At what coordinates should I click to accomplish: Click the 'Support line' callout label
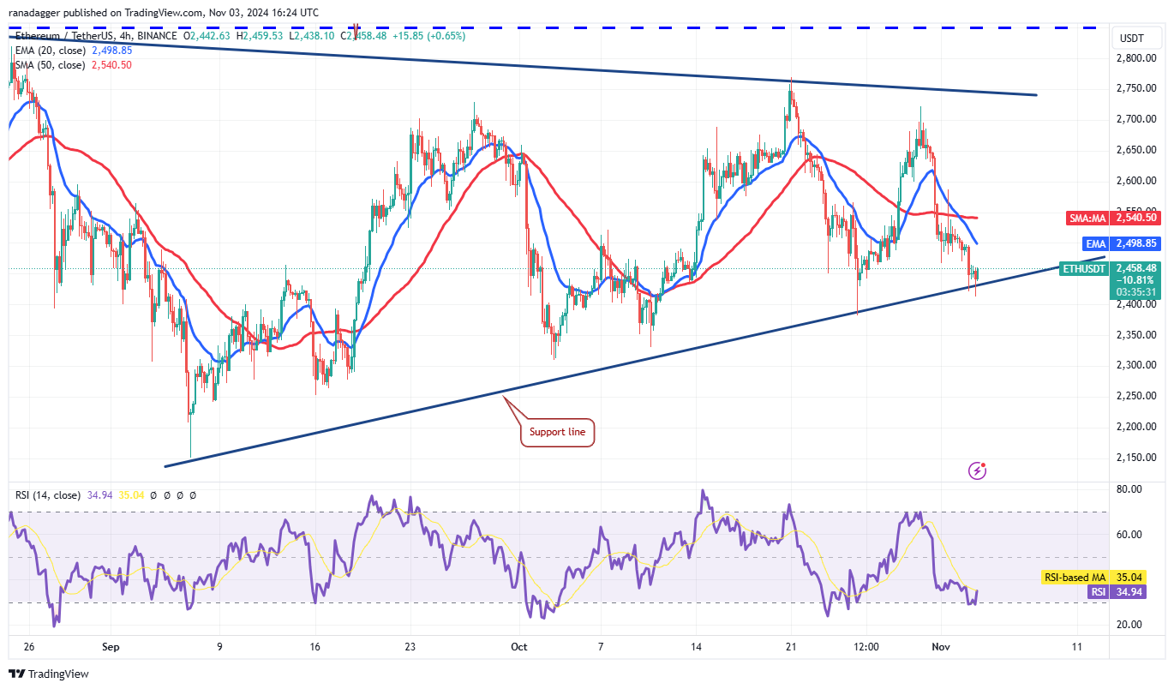pyautogui.click(x=557, y=432)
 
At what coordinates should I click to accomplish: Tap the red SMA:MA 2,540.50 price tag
pyautogui.click(x=1112, y=219)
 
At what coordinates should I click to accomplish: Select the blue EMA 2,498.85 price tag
pyautogui.click(x=1112, y=243)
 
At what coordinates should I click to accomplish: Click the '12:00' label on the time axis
pyautogui.click(x=866, y=647)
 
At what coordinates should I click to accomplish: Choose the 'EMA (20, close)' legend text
pyautogui.click(x=49, y=51)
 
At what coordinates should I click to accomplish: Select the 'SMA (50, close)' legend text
pyautogui.click(x=49, y=65)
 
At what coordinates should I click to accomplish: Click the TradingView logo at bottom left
pyautogui.click(x=49, y=674)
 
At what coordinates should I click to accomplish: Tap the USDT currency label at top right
pyautogui.click(x=1132, y=38)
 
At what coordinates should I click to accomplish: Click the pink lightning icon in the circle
pyautogui.click(x=977, y=470)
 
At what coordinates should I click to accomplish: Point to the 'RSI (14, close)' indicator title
pyautogui.click(x=48, y=495)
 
